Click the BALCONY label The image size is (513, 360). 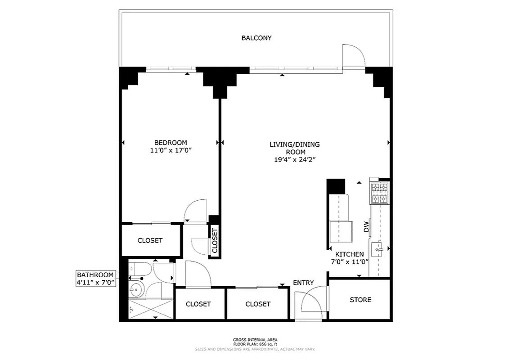coord(256,38)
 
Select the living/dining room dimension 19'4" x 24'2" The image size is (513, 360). coord(294,159)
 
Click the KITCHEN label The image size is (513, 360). coord(349,254)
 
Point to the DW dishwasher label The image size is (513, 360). coord(366,227)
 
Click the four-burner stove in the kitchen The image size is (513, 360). coord(379,193)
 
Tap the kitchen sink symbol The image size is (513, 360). coord(377,248)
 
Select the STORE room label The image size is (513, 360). coord(360,300)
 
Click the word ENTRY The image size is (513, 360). coord(303,283)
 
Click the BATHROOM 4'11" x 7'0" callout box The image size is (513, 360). coord(95,279)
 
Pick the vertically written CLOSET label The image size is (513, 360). coord(215,241)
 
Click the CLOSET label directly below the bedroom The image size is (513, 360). coord(150,240)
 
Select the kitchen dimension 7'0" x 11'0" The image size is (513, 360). coord(349,262)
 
